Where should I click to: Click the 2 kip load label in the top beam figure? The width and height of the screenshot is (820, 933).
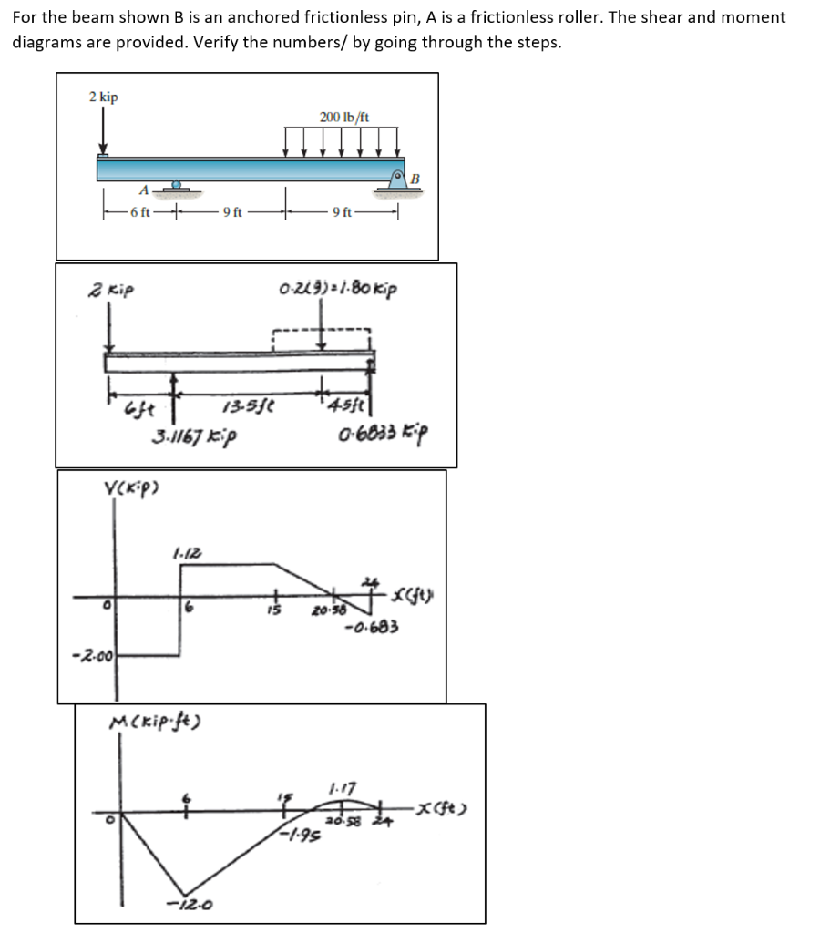(x=103, y=97)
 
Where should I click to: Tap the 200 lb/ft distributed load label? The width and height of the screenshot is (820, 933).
(x=344, y=118)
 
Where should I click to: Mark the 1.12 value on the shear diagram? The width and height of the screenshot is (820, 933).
(x=182, y=551)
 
